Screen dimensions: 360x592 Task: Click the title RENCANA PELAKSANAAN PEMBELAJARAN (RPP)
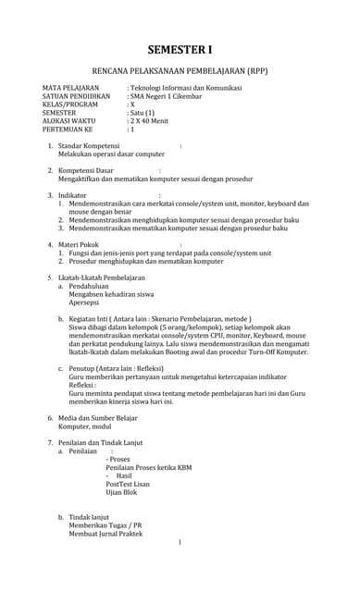click(x=180, y=71)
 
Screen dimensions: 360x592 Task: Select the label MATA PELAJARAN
click(x=70, y=88)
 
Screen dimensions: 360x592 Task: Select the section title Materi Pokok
click(x=80, y=245)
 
